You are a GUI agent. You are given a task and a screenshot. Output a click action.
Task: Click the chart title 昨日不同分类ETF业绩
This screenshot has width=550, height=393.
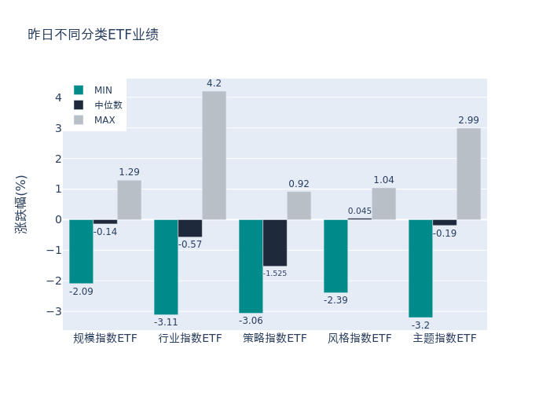click(x=93, y=35)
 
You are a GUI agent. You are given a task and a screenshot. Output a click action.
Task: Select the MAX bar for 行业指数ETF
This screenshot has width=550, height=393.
click(x=214, y=155)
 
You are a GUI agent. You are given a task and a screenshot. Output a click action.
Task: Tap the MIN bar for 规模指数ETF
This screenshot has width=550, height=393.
click(x=81, y=252)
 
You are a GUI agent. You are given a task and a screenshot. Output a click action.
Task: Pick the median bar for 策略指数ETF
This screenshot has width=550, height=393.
click(x=275, y=243)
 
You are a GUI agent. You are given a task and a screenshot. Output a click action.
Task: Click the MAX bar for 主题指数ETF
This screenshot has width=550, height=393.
click(x=468, y=174)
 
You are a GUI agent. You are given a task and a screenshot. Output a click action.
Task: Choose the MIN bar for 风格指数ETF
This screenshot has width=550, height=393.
click(x=335, y=256)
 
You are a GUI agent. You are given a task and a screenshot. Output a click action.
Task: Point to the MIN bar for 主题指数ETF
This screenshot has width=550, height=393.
click(x=420, y=268)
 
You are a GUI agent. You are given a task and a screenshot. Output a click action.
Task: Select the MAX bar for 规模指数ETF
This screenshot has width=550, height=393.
click(x=129, y=200)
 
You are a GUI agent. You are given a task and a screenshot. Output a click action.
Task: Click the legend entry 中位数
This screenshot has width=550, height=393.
click(x=108, y=105)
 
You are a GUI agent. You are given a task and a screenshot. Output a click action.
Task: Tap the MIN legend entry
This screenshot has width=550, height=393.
click(x=103, y=90)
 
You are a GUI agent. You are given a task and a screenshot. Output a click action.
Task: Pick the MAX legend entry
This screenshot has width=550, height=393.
click(x=104, y=120)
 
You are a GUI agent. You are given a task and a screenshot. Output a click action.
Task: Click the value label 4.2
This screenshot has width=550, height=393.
click(x=214, y=83)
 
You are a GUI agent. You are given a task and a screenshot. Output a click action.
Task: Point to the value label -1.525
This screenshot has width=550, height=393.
click(x=275, y=274)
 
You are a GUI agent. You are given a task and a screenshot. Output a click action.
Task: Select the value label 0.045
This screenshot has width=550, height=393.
click(x=360, y=211)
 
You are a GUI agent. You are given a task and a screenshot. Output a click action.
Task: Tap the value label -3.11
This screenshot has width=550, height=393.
click(x=166, y=322)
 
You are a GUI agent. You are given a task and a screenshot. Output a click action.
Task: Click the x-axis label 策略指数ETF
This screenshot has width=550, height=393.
click(x=275, y=339)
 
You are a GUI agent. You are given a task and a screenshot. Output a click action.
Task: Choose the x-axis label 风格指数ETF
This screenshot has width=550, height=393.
click(x=360, y=339)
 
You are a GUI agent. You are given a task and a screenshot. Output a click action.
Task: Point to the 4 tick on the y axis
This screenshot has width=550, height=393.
click(x=57, y=97)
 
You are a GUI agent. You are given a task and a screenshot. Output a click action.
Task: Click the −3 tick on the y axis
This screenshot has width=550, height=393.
click(x=55, y=311)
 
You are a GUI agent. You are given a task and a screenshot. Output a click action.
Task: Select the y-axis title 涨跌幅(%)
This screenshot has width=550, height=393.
click(x=21, y=204)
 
